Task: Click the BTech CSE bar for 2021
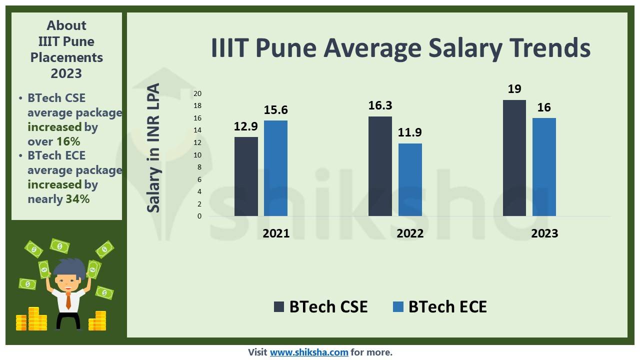pyautogui.click(x=246, y=176)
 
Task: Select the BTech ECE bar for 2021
pyautogui.click(x=275, y=168)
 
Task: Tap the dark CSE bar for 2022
pyautogui.click(x=380, y=166)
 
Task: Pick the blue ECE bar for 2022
pyautogui.click(x=410, y=179)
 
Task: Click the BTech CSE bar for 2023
pyautogui.click(x=514, y=158)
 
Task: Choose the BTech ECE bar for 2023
pyautogui.click(x=544, y=167)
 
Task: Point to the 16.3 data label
pyautogui.click(x=380, y=105)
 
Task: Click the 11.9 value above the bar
pyautogui.click(x=410, y=132)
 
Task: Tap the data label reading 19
pyautogui.click(x=514, y=89)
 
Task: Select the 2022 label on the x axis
pyautogui.click(x=410, y=233)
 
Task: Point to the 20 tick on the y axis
pyautogui.click(x=197, y=93)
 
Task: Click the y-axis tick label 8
pyautogui.click(x=199, y=167)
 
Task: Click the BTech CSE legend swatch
pyautogui.click(x=279, y=306)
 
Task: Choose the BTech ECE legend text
pyautogui.click(x=447, y=306)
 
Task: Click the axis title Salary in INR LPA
pyautogui.click(x=153, y=147)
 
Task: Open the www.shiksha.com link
pyautogui.click(x=309, y=352)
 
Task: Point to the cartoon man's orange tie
pyautogui.click(x=68, y=300)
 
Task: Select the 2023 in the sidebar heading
pyautogui.click(x=66, y=73)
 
